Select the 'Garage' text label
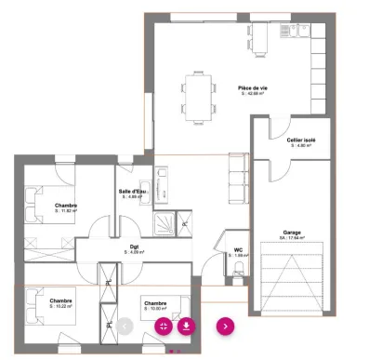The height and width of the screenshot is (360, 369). (292, 233)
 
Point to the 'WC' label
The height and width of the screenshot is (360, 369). (238, 250)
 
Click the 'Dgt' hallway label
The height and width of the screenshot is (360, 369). (135, 247)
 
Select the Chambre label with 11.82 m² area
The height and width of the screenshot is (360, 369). (65, 207)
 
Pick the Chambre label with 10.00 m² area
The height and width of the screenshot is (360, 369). (155, 304)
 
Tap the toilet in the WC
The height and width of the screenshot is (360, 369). (239, 270)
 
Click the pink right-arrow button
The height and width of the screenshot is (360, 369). (225, 326)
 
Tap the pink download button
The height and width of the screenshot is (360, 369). (186, 326)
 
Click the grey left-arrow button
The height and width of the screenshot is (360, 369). (125, 326)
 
